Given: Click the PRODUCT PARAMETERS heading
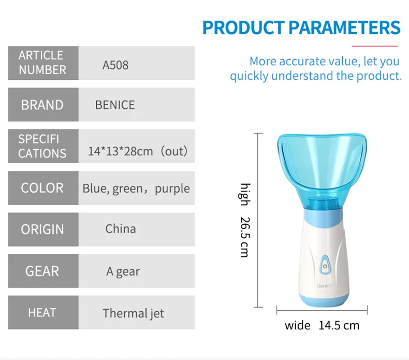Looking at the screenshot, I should pos(301,27).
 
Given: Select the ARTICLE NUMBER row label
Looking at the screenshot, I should pos(42,63).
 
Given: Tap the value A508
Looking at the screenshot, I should pos(115,65).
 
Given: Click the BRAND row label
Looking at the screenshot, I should pos(42,105).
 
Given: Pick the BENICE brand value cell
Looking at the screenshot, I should pos(115,105).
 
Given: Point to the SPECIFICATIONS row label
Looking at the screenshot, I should pos(42,146).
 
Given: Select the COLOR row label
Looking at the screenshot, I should pos(42,188).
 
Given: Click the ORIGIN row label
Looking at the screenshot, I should pos(42,229).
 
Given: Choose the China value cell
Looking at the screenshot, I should pos(121,229).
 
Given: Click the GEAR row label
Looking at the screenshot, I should pos(42,271).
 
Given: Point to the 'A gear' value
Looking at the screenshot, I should pos(123,271).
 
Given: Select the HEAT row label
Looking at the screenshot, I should pos(42,312).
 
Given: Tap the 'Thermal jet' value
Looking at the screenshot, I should pos(133,313).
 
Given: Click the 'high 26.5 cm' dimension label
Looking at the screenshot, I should pos(245,220).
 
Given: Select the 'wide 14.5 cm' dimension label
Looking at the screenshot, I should pos(322,325).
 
